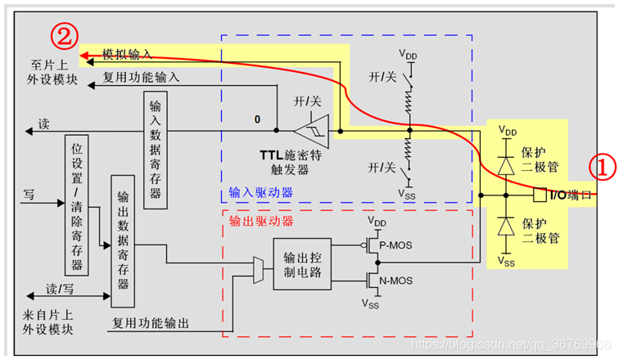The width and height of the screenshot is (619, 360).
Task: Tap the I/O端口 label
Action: (571, 196)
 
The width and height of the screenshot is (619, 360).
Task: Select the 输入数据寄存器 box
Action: (156, 151)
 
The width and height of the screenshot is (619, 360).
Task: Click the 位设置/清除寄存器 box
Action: (76, 205)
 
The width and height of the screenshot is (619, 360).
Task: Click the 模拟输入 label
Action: (127, 53)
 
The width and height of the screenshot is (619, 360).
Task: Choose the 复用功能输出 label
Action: (151, 323)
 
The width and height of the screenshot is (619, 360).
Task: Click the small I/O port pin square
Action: (540, 196)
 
